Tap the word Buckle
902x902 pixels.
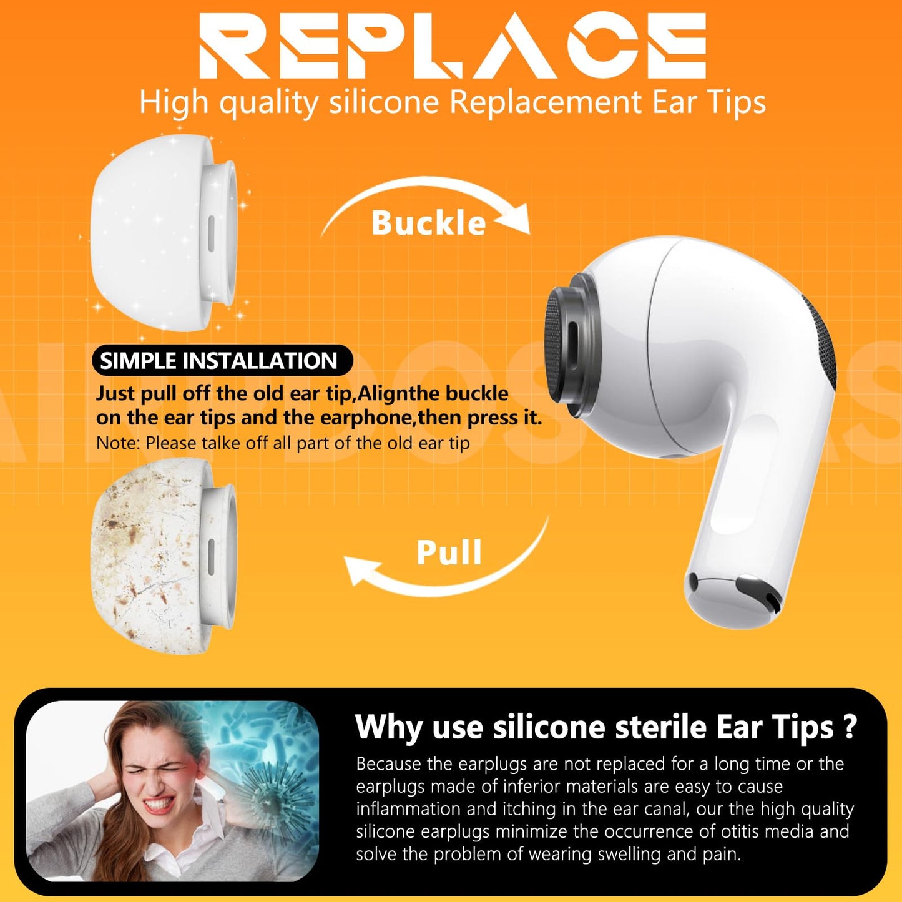coord(428,223)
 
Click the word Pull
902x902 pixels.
coord(449,552)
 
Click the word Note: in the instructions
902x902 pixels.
coord(118,443)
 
